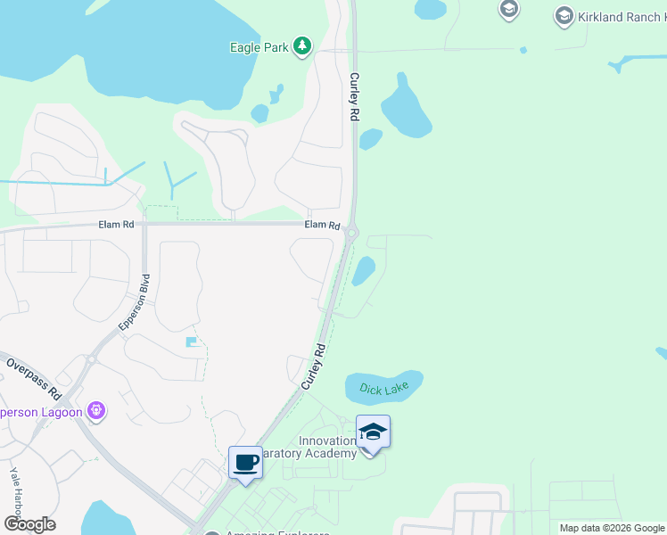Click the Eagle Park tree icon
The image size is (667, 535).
click(x=302, y=45)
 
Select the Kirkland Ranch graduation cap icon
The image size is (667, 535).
click(x=564, y=15)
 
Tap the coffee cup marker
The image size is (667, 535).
click(x=245, y=463)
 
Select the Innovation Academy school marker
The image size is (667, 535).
click(x=373, y=433)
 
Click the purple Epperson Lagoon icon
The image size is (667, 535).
click(x=96, y=411)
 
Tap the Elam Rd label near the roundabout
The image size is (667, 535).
click(x=322, y=226)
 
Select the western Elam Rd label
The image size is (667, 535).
click(x=116, y=226)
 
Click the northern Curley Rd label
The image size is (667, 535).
click(x=354, y=97)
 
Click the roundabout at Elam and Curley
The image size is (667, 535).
click(x=351, y=234)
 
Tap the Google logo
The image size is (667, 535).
click(x=29, y=524)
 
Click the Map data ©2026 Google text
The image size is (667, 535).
click(x=612, y=528)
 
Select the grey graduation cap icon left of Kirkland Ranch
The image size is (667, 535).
click(x=508, y=10)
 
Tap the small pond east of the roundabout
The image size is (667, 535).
click(x=363, y=271)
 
